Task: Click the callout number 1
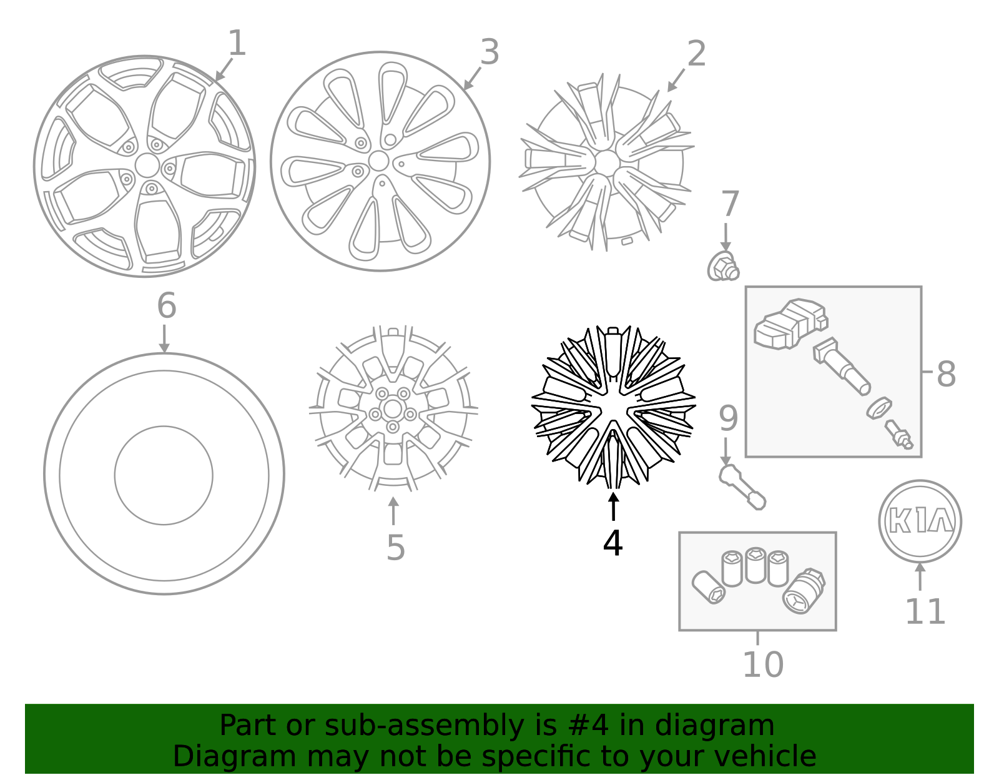pyautogui.click(x=237, y=44)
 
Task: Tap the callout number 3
pyautogui.click(x=490, y=52)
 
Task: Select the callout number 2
pyautogui.click(x=696, y=54)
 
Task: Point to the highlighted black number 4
pyautogui.click(x=613, y=543)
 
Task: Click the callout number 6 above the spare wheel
pyautogui.click(x=167, y=306)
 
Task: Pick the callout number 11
pyautogui.click(x=925, y=611)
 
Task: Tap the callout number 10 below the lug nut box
pyautogui.click(x=762, y=664)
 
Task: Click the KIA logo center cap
pyautogui.click(x=920, y=521)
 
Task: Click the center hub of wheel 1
pyautogui.click(x=147, y=165)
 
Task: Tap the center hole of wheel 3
pyautogui.click(x=378, y=161)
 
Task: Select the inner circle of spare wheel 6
pyautogui.click(x=164, y=475)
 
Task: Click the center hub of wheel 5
pyautogui.click(x=393, y=410)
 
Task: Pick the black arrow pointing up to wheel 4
pyautogui.click(x=614, y=506)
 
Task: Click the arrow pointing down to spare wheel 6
pyautogui.click(x=164, y=339)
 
